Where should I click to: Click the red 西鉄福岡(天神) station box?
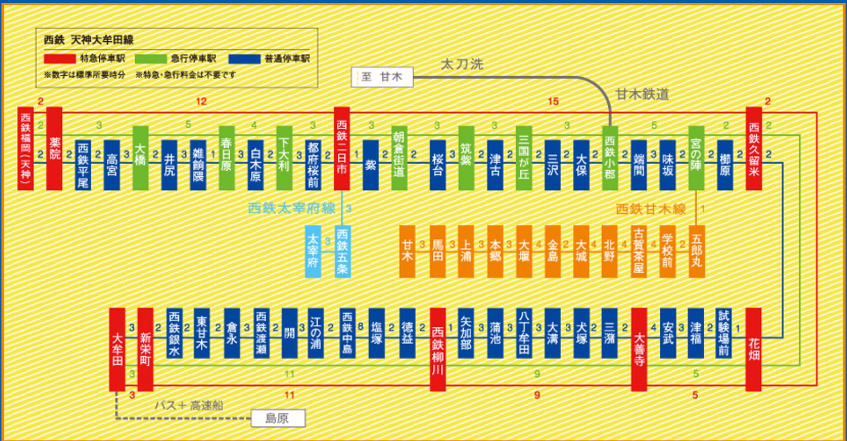(x=25, y=149)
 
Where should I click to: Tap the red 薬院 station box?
(x=55, y=149)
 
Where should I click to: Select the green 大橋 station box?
(x=140, y=158)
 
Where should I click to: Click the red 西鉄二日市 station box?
(x=342, y=149)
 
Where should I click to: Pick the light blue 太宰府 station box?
(x=313, y=251)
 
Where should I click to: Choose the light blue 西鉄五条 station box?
(x=342, y=251)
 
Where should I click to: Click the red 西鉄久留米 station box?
(x=754, y=149)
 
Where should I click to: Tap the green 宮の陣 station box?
(x=696, y=158)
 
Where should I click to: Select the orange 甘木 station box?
(x=407, y=251)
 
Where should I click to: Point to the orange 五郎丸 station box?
(x=696, y=251)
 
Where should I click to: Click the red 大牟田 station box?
(x=117, y=349)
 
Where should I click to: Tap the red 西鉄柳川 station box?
(x=438, y=349)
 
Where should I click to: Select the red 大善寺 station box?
(x=639, y=349)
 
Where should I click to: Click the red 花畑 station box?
(x=753, y=349)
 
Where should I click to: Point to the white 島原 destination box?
(x=278, y=418)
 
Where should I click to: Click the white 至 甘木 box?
(x=382, y=77)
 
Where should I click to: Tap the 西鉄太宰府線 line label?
(x=291, y=208)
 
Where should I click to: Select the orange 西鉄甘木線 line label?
(x=650, y=209)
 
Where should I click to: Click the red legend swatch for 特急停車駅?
(x=60, y=59)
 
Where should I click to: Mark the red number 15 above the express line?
(x=553, y=101)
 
